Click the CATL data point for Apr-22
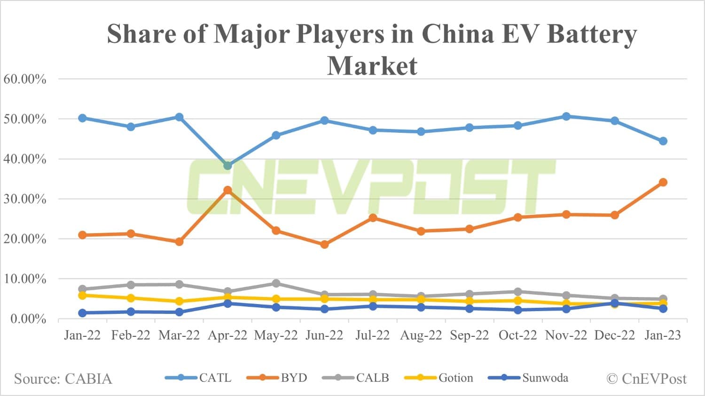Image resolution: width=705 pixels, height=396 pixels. point(227,166)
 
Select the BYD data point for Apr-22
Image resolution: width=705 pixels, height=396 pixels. point(227,190)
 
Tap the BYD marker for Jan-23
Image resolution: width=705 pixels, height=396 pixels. point(663,182)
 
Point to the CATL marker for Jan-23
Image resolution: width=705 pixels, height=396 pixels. point(663,141)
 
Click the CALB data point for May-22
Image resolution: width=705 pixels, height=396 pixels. point(276,283)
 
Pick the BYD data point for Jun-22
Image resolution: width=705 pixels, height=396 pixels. point(324,244)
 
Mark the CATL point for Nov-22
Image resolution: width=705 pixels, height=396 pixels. point(566,116)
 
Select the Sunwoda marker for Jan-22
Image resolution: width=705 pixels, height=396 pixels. point(82,313)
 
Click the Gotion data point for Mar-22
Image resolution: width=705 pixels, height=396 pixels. point(179,301)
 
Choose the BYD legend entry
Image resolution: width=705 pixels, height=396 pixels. point(277,378)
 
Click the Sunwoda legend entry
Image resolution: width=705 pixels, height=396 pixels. point(528,378)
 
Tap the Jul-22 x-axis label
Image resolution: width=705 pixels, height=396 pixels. point(373,335)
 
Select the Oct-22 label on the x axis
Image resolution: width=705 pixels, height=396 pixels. point(517,335)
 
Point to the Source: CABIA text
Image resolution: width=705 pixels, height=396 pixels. point(63,379)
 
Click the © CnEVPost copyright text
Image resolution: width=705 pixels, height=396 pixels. point(646,379)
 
